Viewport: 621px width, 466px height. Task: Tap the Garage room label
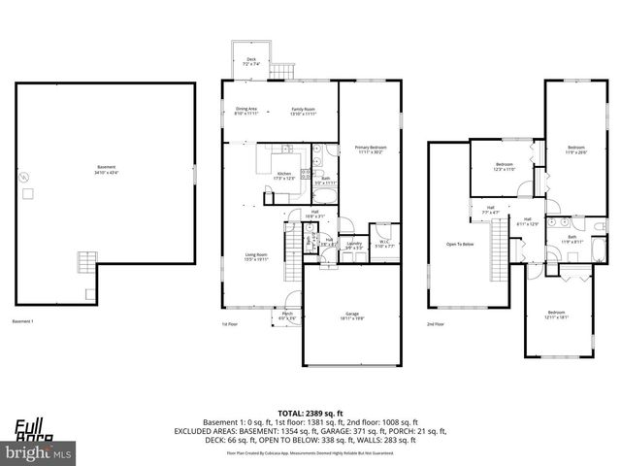pos(352,315)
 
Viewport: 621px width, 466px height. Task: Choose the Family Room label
pos(304,111)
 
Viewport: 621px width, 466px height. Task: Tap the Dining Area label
pos(246,111)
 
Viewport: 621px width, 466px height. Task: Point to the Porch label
pos(287,315)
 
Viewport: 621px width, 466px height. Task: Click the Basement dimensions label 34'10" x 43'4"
pos(106,173)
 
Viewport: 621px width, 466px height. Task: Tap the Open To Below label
pos(460,244)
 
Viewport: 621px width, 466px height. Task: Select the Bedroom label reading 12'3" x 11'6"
pos(505,166)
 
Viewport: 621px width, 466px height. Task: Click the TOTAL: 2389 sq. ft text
pos(310,413)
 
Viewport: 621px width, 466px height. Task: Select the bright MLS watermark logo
pos(39,452)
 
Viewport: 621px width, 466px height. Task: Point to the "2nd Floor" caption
pos(436,323)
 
